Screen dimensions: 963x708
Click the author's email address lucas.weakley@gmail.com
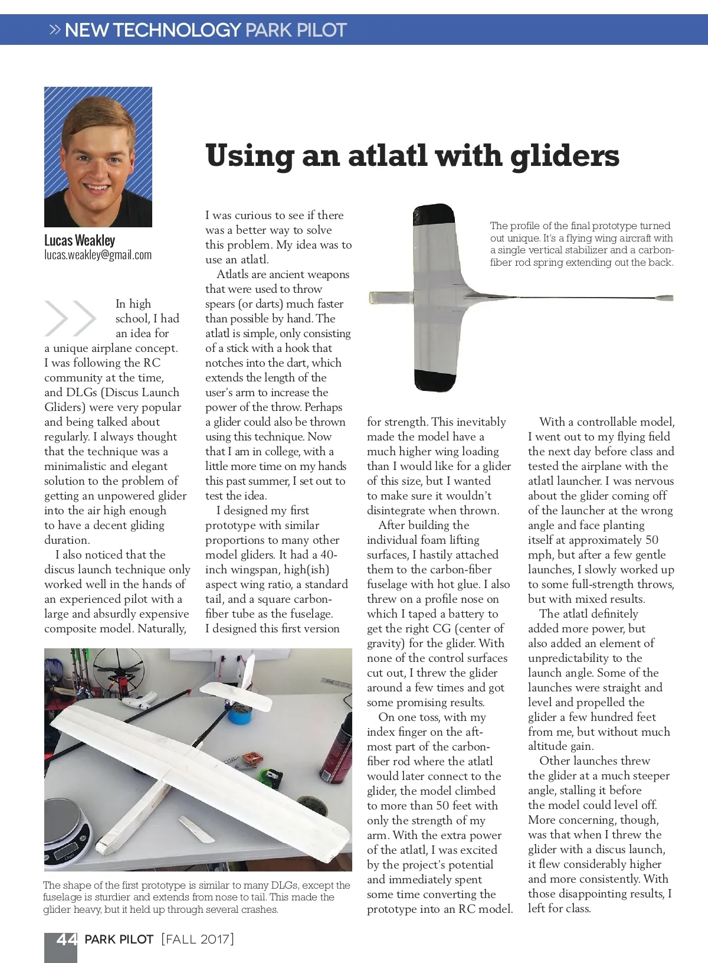(x=98, y=255)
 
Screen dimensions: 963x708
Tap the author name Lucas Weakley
(x=80, y=240)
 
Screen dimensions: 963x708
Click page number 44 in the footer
(x=66, y=939)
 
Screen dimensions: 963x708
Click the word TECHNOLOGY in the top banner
(x=153, y=30)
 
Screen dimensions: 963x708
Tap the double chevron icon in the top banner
(x=55, y=30)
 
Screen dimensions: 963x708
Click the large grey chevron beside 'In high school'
(x=70, y=318)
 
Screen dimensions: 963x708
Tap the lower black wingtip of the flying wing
(x=434, y=380)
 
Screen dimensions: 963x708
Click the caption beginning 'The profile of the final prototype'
(x=581, y=244)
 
